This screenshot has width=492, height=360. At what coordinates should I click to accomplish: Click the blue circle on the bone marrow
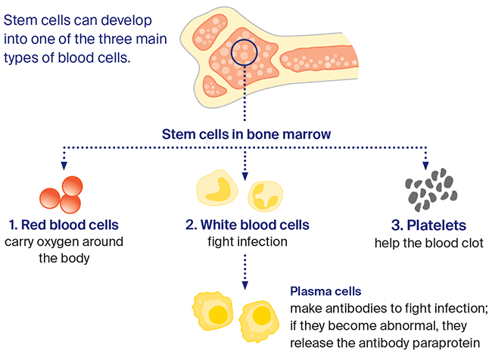pos(232,53)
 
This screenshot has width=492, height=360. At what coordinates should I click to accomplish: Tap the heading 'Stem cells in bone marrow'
pos(246,134)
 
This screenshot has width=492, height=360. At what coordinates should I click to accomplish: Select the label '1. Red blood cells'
pos(64,225)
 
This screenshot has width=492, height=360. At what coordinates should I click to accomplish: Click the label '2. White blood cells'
pos(248,225)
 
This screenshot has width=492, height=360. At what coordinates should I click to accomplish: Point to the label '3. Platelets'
pos(428,225)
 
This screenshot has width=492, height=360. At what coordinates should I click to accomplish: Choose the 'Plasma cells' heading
pos(325,291)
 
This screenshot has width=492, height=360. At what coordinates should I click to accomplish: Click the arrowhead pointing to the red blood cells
pos(64,166)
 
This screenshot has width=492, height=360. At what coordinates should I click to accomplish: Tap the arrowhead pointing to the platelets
pos(425,166)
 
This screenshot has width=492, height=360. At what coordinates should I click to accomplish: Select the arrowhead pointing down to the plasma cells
pos(245,285)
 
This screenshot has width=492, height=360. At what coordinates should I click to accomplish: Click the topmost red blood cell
pos(73,185)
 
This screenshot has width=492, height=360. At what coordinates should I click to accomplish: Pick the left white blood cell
pos(216,188)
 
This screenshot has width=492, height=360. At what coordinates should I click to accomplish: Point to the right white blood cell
pos(266,197)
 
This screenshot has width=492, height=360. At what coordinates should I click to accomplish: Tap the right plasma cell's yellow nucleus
pos(262,315)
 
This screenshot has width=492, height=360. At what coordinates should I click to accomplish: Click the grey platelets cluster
pos(431,189)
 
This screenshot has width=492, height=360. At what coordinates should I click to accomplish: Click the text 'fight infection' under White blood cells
pos(248,242)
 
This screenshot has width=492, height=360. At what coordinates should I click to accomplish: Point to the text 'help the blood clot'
pos(429,243)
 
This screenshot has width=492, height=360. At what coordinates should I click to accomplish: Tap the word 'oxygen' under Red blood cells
pos(61,243)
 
